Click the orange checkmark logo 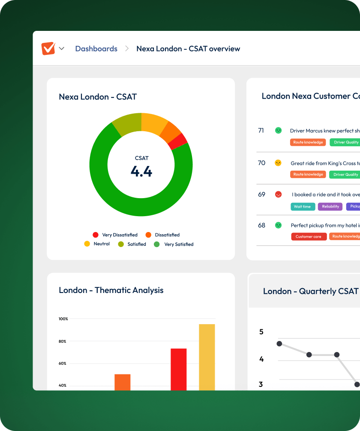(x=48, y=48)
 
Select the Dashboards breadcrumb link (x=96, y=49)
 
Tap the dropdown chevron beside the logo (x=62, y=48)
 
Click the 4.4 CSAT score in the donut (x=141, y=172)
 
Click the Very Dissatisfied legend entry (x=115, y=235)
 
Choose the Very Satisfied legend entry (x=174, y=244)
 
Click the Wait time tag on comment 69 (x=303, y=207)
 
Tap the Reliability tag (x=330, y=207)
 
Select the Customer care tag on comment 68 (x=309, y=237)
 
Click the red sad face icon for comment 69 (x=278, y=194)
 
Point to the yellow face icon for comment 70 (x=278, y=163)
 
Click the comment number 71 (x=261, y=130)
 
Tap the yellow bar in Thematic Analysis (x=207, y=357)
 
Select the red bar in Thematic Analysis (x=178, y=369)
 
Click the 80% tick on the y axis (x=63, y=341)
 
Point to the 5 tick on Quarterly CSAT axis (x=261, y=332)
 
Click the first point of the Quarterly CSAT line (x=279, y=344)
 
